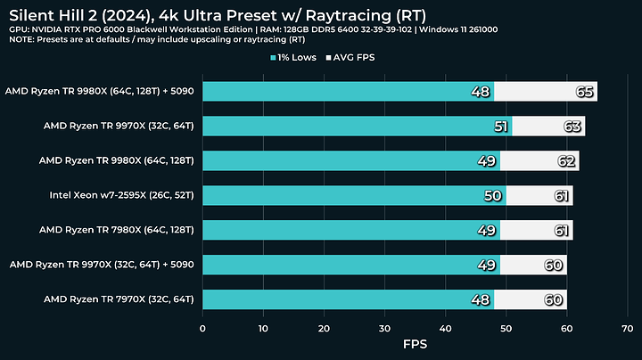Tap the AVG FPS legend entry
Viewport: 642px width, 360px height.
(x=358, y=58)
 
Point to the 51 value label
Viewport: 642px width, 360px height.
(x=500, y=127)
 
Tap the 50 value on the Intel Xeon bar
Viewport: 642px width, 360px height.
(x=494, y=195)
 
